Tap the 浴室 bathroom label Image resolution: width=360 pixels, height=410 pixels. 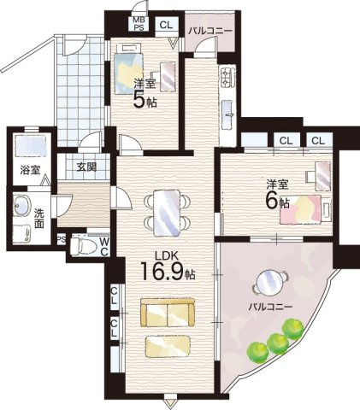point(30,170)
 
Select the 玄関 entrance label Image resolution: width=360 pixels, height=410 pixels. point(86,167)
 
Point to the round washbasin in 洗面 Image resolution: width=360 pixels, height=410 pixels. point(21,206)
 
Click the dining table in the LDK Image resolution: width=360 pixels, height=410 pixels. point(167,213)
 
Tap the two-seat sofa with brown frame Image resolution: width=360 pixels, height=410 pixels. point(168,313)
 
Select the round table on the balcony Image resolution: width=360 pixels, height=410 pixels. point(269,281)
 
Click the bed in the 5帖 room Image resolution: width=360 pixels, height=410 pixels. point(128,69)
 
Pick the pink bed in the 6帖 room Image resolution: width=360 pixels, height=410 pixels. point(306,209)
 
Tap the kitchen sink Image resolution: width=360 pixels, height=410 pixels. point(228,113)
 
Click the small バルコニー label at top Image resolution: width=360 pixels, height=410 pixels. point(210,31)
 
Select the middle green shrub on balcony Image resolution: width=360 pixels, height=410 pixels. point(278,343)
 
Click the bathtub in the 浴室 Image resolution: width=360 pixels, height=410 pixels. point(31,146)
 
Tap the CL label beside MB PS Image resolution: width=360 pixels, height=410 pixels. point(166,25)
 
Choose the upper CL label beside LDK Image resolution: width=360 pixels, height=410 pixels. point(114,295)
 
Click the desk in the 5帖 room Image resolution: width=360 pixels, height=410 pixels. point(168,77)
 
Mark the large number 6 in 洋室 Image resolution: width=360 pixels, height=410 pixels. point(272,202)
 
